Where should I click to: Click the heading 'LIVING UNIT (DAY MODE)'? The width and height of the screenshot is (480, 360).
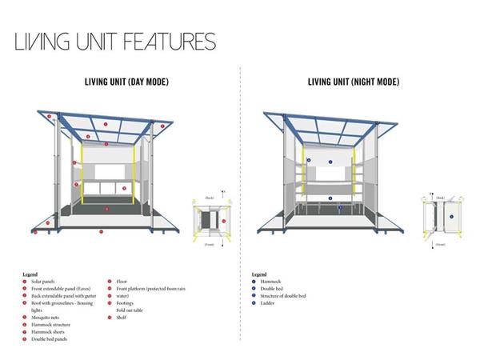(x=126, y=82)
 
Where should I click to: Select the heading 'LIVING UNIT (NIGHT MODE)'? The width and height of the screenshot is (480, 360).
(x=354, y=82)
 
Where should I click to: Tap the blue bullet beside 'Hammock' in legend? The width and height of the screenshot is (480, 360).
(x=253, y=282)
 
